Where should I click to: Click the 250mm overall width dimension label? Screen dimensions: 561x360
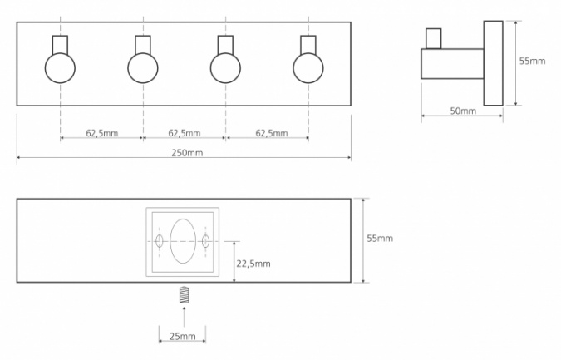point(187,153)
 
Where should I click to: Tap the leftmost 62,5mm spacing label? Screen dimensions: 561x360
point(101,133)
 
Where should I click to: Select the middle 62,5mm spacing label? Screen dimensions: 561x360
point(185,133)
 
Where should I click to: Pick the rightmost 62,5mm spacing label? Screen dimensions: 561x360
point(272,133)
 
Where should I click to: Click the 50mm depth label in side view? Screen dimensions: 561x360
point(463,111)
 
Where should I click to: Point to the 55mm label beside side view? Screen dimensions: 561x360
point(533,61)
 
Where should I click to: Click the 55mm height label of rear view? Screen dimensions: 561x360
point(380,238)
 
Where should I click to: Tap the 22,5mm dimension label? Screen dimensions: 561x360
point(253,264)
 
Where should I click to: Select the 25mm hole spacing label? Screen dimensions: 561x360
point(183,337)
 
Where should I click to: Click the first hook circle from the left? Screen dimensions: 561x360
point(60,68)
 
